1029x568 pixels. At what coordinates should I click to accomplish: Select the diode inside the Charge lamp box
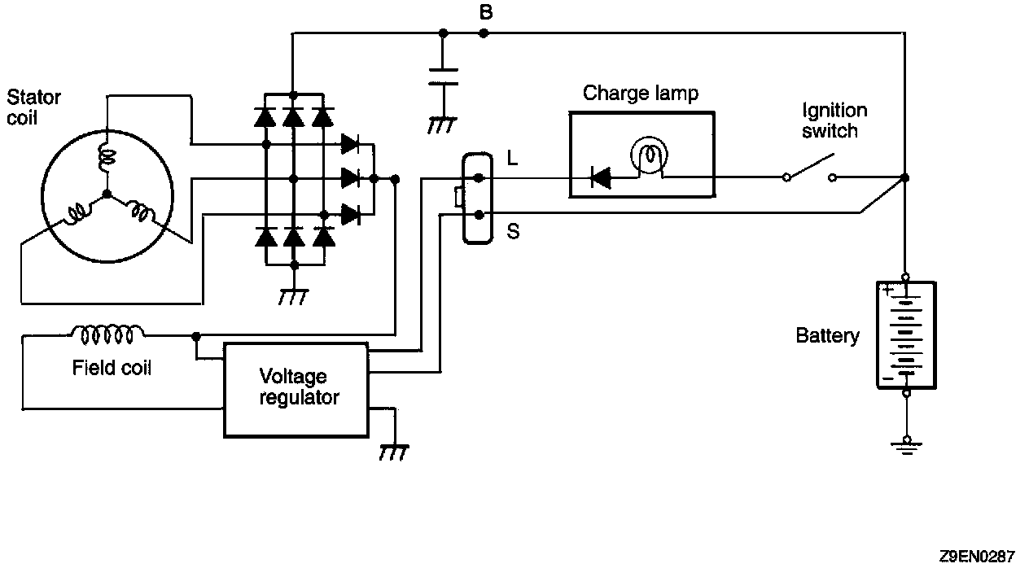600,177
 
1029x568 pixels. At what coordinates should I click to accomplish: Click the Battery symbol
905,334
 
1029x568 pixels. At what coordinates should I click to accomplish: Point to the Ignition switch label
834,120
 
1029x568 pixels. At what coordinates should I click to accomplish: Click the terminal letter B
486,13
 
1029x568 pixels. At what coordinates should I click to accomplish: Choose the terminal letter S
513,232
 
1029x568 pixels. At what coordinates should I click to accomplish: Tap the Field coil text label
112,368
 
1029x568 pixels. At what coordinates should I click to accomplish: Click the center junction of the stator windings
107,194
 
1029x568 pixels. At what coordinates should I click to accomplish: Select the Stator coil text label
33,107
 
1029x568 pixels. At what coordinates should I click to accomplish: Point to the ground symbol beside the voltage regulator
395,451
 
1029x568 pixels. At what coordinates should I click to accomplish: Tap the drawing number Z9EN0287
976,557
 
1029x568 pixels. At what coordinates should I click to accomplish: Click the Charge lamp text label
641,94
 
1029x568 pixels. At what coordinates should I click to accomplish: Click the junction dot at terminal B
484,33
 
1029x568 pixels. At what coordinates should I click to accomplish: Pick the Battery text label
827,335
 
